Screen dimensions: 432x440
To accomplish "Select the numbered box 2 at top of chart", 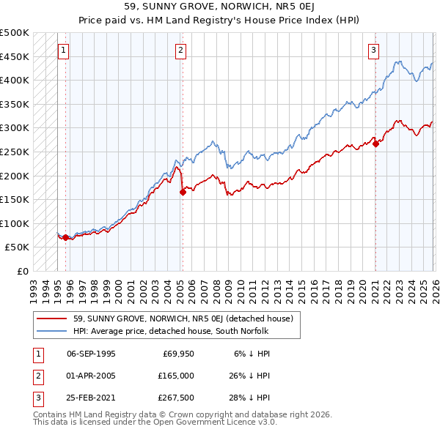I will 180,51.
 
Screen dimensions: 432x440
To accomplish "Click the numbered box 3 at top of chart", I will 373,51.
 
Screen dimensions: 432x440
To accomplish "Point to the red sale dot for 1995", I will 66,237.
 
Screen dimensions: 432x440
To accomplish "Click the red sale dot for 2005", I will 183,193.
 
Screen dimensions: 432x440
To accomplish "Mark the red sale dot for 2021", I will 375,144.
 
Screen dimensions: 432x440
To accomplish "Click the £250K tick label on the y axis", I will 15,152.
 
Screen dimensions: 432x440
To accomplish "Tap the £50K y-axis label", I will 18,247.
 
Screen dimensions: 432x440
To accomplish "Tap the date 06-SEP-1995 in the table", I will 91,353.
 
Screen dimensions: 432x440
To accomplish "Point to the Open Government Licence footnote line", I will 155,422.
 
